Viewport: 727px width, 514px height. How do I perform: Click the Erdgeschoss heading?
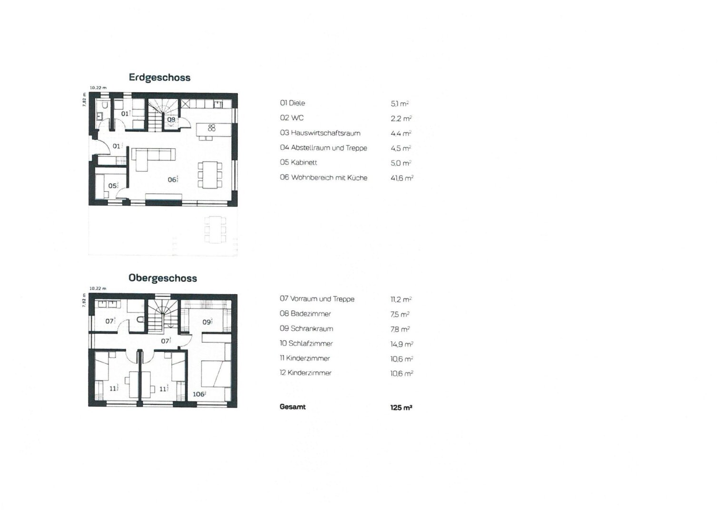[x=159, y=78]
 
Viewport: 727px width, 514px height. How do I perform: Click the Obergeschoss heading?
[x=163, y=278]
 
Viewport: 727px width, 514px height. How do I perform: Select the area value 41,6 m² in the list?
[x=402, y=178]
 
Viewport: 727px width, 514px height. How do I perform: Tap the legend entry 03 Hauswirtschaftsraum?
[x=320, y=133]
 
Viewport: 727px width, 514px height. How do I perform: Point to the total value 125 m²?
[x=401, y=407]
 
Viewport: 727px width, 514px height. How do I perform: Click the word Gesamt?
[x=293, y=407]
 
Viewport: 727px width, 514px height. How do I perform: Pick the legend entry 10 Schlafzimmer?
[x=306, y=344]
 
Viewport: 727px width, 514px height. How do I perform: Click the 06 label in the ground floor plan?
[x=172, y=179]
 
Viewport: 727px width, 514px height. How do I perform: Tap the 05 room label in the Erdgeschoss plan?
[x=113, y=186]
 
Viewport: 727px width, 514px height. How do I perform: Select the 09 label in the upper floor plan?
[x=206, y=322]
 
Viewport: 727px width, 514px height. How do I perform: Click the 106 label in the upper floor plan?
[x=198, y=394]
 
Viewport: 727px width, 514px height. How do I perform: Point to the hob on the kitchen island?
[x=212, y=128]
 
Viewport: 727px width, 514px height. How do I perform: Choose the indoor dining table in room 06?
[x=210, y=175]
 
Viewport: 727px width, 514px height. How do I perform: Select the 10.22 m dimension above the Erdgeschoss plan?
[x=98, y=88]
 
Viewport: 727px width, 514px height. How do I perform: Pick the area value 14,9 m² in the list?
[x=402, y=344]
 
